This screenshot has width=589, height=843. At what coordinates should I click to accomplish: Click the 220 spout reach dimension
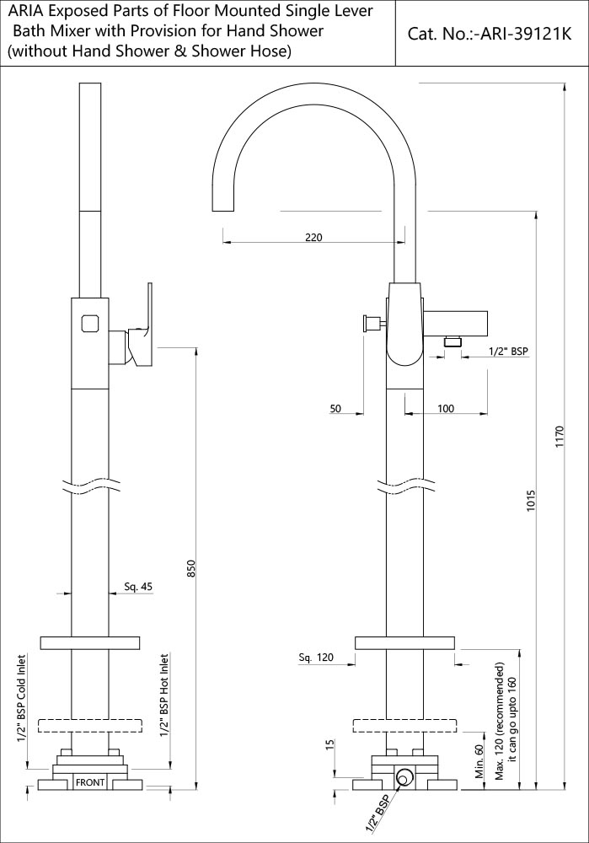[313, 238]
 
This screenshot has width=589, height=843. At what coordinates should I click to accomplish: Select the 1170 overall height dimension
[560, 438]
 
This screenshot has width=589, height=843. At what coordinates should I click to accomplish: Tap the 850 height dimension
[191, 571]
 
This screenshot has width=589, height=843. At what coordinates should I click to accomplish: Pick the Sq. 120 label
[316, 657]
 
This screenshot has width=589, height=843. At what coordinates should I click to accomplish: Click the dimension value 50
[335, 408]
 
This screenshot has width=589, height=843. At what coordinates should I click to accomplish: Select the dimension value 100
[446, 408]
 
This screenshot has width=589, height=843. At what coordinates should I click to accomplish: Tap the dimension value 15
[329, 744]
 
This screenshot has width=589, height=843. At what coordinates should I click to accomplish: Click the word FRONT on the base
[90, 782]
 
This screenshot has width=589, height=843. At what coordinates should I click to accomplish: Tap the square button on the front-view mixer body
[89, 322]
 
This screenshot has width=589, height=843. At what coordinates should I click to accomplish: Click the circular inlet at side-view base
[406, 777]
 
